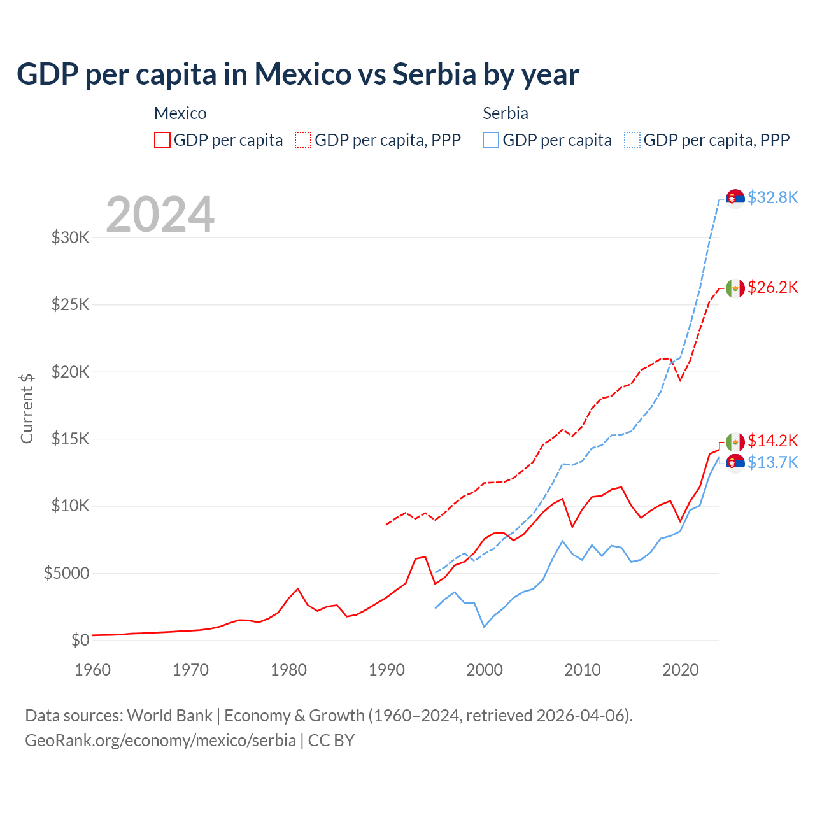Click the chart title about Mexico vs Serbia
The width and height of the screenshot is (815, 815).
pyautogui.click(x=298, y=74)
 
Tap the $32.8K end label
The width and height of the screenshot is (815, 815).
pyautogui.click(x=772, y=197)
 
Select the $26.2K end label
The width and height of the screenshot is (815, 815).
pyautogui.click(x=772, y=287)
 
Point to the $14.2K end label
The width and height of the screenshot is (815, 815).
pyautogui.click(x=772, y=441)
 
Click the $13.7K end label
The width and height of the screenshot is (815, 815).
pyautogui.click(x=772, y=462)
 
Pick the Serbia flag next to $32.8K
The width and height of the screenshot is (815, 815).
pyautogui.click(x=735, y=199)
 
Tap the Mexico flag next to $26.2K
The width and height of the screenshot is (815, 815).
pyautogui.click(x=735, y=288)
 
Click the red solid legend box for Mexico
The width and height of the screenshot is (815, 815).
pyautogui.click(x=162, y=140)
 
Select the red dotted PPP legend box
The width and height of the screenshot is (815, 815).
pyautogui.click(x=304, y=140)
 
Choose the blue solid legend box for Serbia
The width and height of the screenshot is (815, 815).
pyautogui.click(x=491, y=140)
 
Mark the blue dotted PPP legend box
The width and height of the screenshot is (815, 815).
pyautogui.click(x=632, y=140)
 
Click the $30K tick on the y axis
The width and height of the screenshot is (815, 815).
pyautogui.click(x=70, y=238)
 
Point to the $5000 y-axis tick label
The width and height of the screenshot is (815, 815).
pyautogui.click(x=66, y=573)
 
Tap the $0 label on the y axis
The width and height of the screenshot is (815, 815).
pyautogui.click(x=80, y=640)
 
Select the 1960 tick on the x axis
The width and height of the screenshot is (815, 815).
pyautogui.click(x=93, y=670)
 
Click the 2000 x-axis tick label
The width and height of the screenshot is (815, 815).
pyautogui.click(x=485, y=670)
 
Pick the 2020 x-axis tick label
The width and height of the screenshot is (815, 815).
pyautogui.click(x=681, y=670)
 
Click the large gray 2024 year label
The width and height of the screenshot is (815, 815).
pyautogui.click(x=160, y=215)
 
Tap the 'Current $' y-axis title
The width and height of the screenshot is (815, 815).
pyautogui.click(x=27, y=408)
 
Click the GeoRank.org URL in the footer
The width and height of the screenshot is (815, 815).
pyautogui.click(x=160, y=741)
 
